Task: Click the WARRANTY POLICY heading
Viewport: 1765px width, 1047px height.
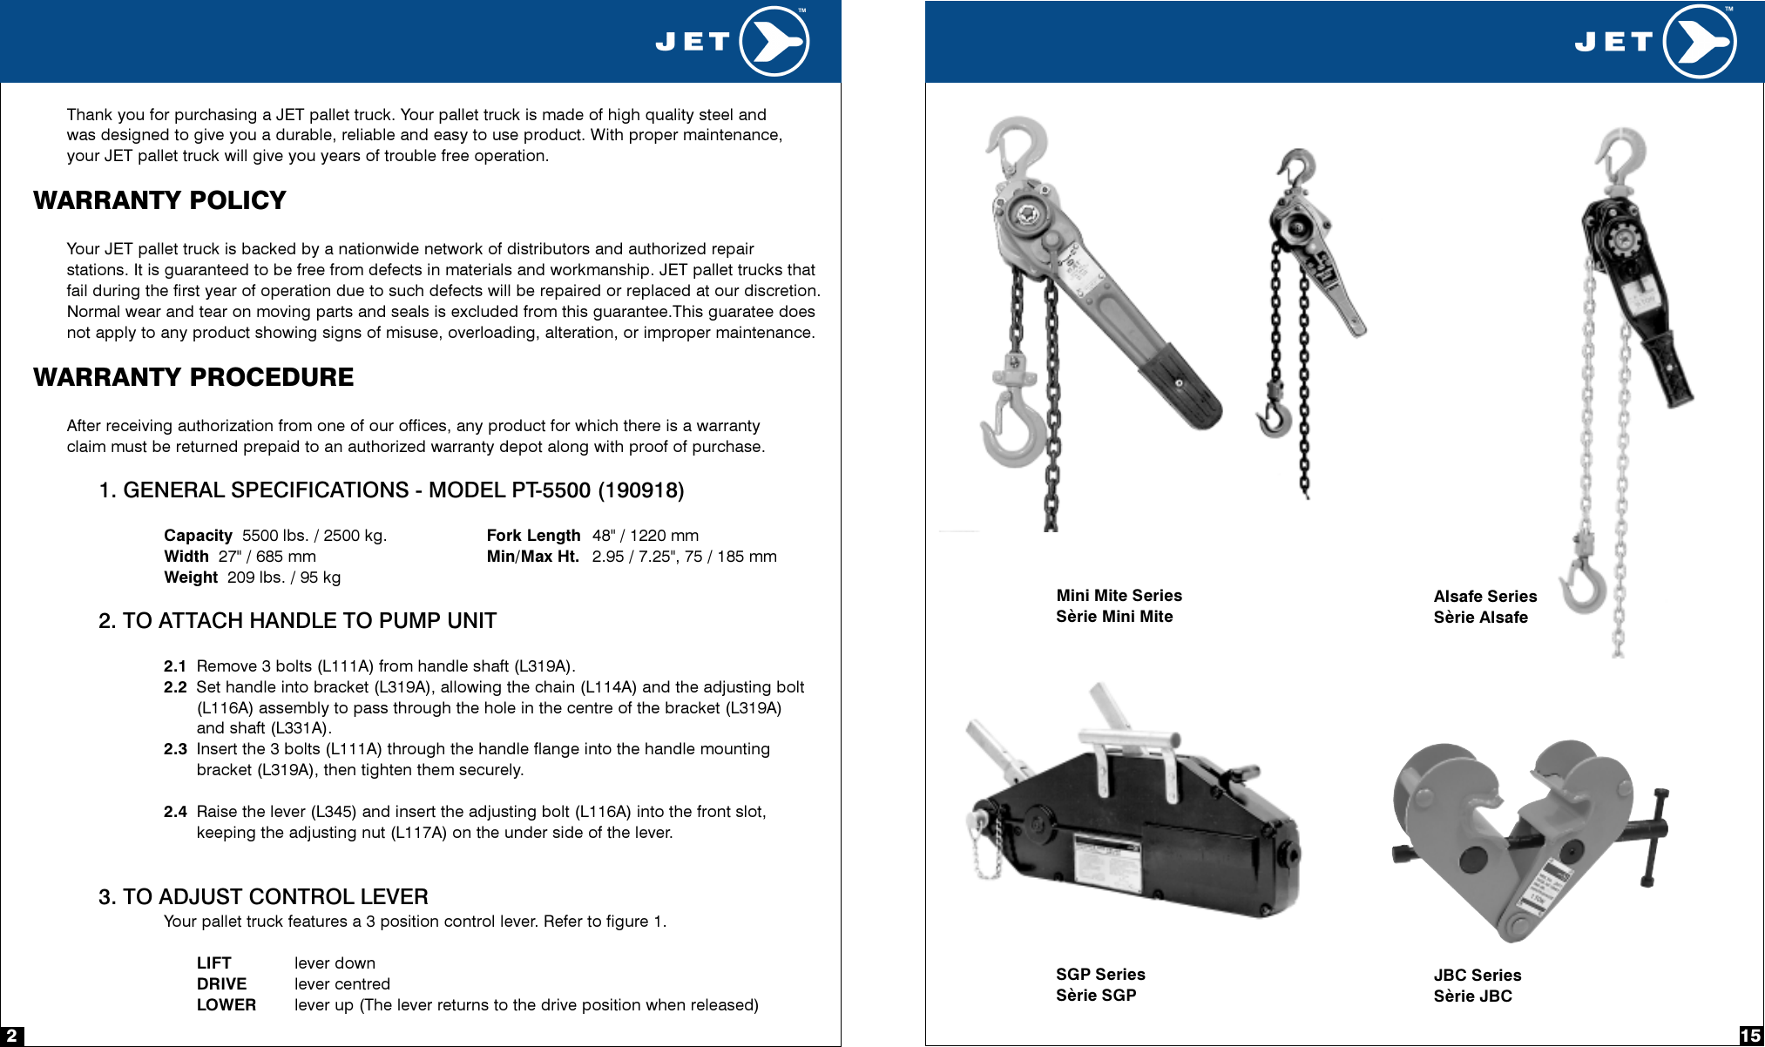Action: click(x=159, y=200)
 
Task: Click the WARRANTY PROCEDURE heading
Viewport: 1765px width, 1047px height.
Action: click(x=193, y=377)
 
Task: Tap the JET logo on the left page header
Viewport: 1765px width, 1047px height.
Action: click(x=732, y=41)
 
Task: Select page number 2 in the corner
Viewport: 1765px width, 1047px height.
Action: click(x=11, y=1036)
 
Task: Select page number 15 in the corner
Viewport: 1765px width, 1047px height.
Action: click(x=1750, y=1036)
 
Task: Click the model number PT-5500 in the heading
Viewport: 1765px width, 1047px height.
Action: click(x=551, y=490)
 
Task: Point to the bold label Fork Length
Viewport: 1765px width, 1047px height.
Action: click(x=533, y=536)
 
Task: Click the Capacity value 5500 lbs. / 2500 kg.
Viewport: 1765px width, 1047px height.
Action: click(x=314, y=536)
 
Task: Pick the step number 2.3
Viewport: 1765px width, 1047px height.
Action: click(x=175, y=749)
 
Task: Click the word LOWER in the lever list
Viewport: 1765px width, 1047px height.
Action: click(x=226, y=1005)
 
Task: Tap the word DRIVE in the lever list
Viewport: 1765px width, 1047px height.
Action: click(x=221, y=984)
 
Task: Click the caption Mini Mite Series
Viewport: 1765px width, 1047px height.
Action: click(x=1119, y=596)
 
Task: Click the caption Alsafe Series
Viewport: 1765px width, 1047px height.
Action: click(x=1484, y=597)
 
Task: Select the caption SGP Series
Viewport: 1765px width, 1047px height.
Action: click(x=1099, y=975)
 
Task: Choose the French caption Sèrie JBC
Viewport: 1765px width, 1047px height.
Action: click(x=1472, y=996)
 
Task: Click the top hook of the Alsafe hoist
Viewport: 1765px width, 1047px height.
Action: click(x=1620, y=152)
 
